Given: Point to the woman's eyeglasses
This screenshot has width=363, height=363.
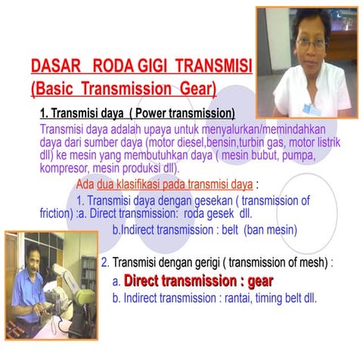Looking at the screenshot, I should point(311,42).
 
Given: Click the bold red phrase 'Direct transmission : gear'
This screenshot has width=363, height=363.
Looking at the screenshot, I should point(198,281).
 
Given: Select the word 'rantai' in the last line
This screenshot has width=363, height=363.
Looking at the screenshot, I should point(240,297).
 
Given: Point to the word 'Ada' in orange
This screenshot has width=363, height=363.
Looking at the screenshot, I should point(85,184).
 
